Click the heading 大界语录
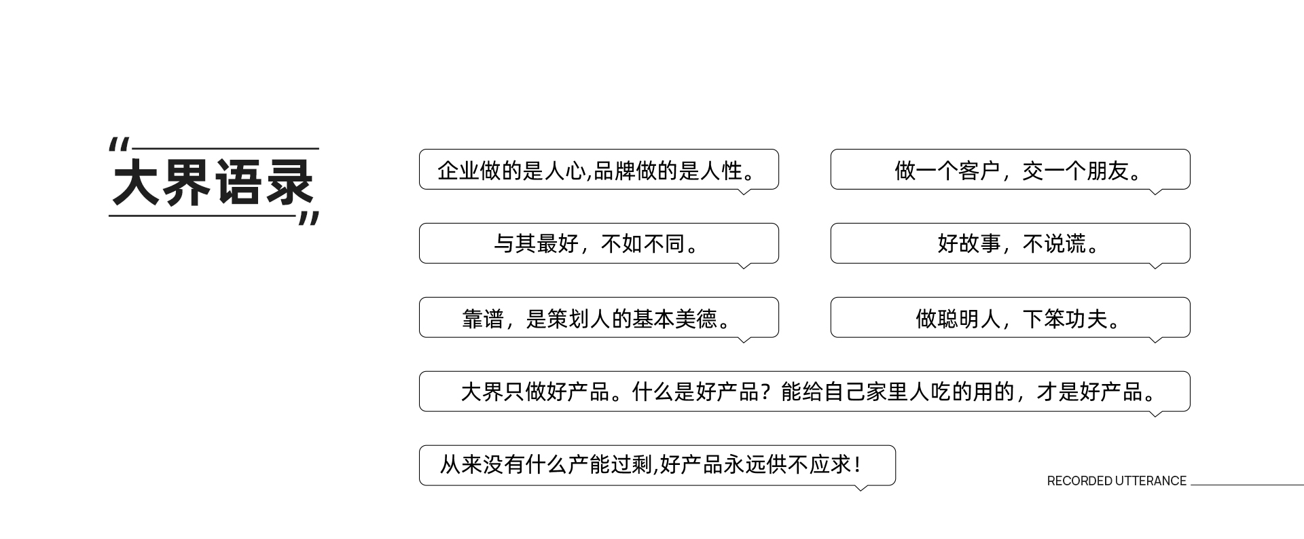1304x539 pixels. click(x=213, y=182)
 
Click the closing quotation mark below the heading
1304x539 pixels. click(x=309, y=218)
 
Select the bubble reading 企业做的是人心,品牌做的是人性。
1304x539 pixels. click(x=598, y=169)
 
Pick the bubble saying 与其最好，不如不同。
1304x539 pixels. click(x=598, y=243)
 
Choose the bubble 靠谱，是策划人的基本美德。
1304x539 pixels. click(x=598, y=317)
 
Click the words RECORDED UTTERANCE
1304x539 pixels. click(x=1117, y=481)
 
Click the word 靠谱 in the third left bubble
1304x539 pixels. click(x=483, y=318)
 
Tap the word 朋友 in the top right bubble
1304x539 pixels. click(x=1107, y=170)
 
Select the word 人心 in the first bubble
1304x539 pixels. click(x=565, y=170)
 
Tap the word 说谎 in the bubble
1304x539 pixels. click(x=1065, y=243)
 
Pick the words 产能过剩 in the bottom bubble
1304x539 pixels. click(x=609, y=466)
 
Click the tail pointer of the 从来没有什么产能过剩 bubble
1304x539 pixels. click(x=861, y=487)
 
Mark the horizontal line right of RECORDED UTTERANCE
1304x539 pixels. click(x=1247, y=485)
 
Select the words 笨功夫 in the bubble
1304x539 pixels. click(x=1076, y=318)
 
